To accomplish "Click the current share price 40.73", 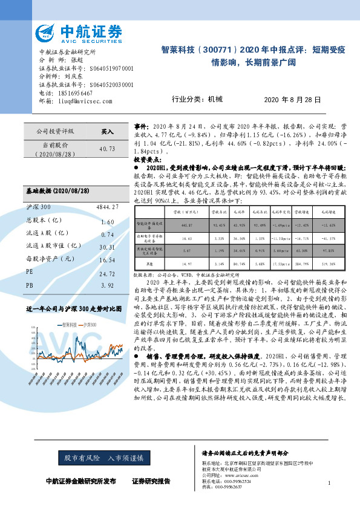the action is click(106, 149).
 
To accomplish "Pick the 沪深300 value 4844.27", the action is click(106, 207).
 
